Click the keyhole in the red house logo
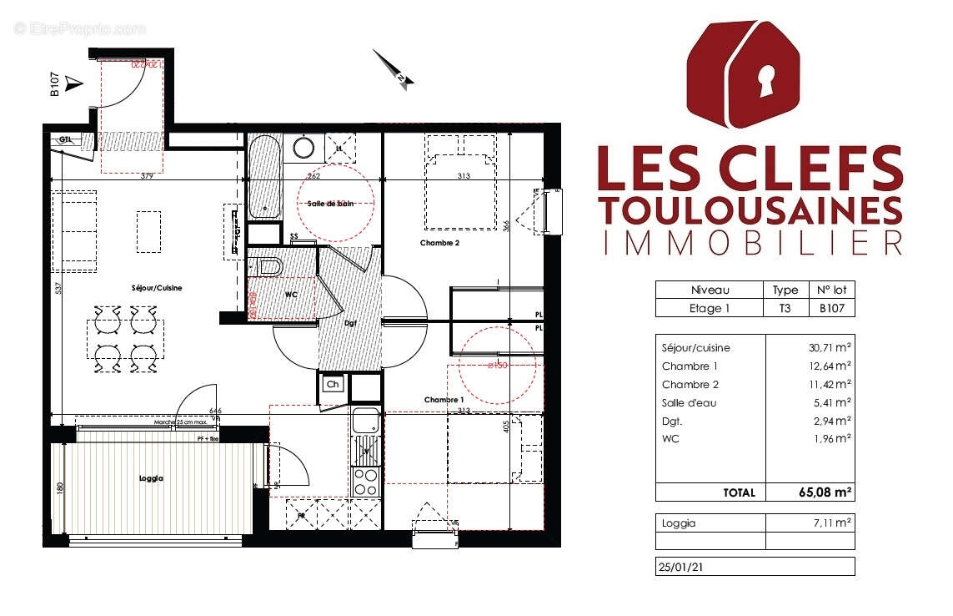coord(765,83)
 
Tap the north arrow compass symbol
coord(394,68)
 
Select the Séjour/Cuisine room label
coord(157,288)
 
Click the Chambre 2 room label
coord(439,244)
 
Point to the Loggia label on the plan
coord(152,479)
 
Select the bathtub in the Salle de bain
coord(264,177)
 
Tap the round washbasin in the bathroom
coord(303,149)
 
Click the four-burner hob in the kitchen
coord(365,481)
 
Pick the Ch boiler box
coord(332,386)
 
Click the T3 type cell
coord(785,308)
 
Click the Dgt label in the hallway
coord(351,323)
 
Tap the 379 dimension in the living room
coord(147,176)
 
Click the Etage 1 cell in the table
coord(710,308)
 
